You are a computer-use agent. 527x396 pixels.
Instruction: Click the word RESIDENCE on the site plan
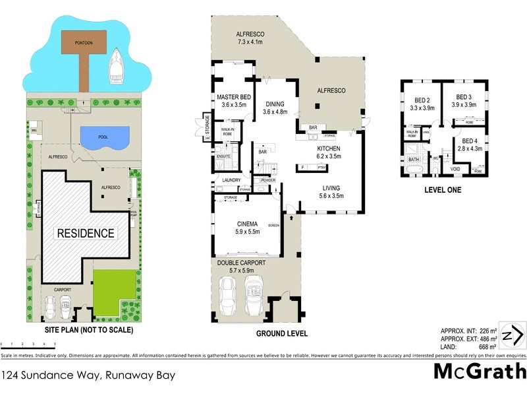tap(85, 233)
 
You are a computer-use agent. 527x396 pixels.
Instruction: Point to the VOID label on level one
tap(455, 169)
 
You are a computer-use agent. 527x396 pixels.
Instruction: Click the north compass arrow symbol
tap(512, 335)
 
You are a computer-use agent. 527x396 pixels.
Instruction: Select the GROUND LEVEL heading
tap(281, 333)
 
